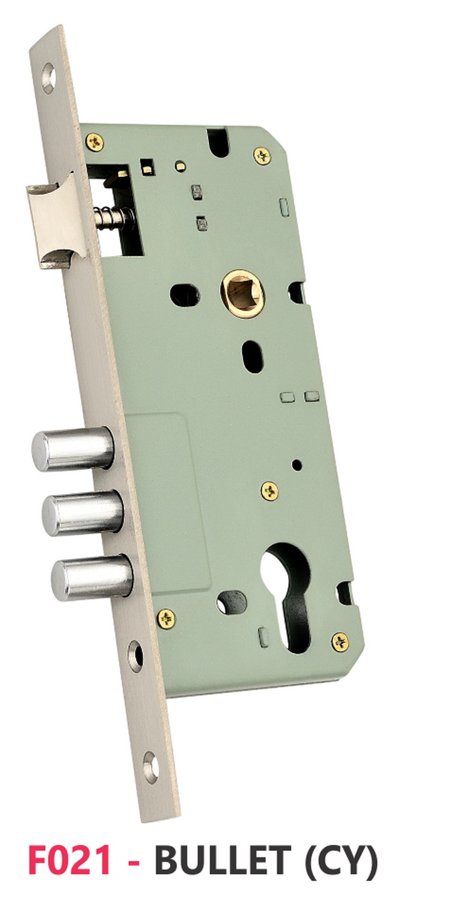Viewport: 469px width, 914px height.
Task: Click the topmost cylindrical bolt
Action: pos(72,448)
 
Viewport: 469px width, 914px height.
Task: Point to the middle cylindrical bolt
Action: pos(83,514)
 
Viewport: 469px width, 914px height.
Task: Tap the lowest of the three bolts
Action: pos(92,577)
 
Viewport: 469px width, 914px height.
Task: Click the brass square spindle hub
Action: pos(243,293)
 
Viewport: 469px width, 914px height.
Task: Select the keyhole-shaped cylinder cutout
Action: pos(291,596)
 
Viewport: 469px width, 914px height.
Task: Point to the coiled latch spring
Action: pos(113,216)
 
